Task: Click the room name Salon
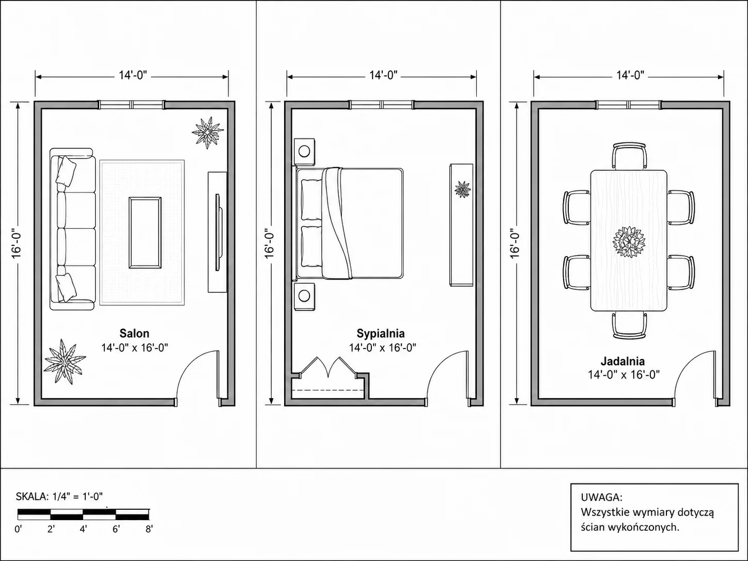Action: click(134, 333)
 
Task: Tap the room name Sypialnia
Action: click(381, 333)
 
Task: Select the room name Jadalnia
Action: click(622, 361)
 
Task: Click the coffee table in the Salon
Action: click(145, 233)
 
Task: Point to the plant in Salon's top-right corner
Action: click(208, 132)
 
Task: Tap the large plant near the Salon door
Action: click(65, 362)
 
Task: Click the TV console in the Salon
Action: click(217, 232)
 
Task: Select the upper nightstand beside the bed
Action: click(304, 151)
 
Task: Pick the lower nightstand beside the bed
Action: click(304, 297)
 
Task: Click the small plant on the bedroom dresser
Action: click(462, 189)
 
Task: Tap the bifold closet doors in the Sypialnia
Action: click(328, 367)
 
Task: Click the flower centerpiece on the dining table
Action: click(629, 242)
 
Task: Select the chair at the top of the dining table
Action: click(629, 156)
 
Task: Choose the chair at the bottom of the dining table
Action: click(629, 325)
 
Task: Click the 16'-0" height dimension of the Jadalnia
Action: click(515, 243)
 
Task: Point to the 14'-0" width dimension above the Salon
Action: click(133, 75)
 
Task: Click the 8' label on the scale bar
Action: click(149, 529)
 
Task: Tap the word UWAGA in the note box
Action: click(602, 497)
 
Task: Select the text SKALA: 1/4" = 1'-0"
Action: click(59, 496)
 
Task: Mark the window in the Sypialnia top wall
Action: click(381, 104)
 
